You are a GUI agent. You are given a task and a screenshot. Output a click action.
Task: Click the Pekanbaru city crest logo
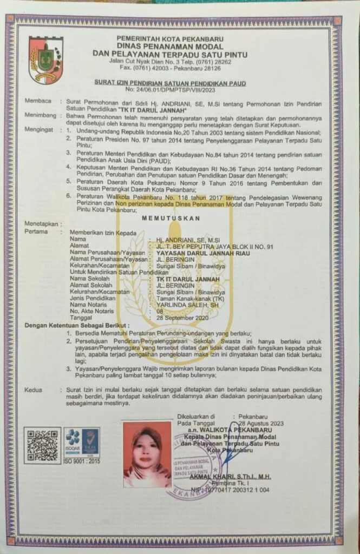click(x=46, y=59)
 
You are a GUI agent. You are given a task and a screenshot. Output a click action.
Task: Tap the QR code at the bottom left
click(x=42, y=445)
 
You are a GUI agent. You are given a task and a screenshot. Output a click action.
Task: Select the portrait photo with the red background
click(x=147, y=454)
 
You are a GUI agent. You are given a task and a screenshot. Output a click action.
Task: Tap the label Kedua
click(x=34, y=390)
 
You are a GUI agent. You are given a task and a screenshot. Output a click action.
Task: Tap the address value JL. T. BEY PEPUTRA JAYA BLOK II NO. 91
click(x=212, y=245)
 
